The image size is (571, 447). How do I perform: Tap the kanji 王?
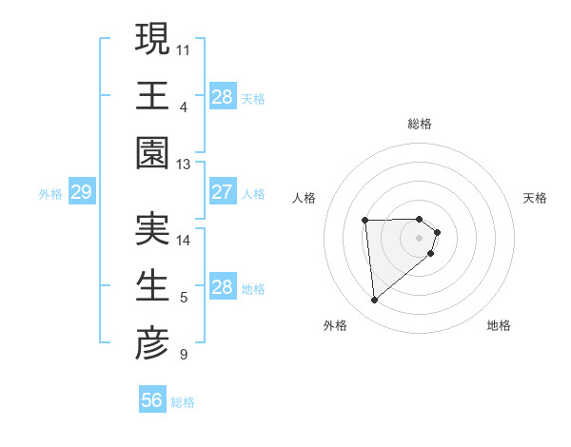[152, 95]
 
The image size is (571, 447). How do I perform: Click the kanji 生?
[152, 286]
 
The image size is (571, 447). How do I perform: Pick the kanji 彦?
[152, 343]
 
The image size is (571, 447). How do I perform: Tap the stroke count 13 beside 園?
[184, 164]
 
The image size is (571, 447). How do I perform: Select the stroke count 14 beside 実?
[184, 240]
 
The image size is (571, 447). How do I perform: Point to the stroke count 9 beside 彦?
[183, 356]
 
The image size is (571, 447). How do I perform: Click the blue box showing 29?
[81, 193]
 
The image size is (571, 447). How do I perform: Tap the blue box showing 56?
[152, 400]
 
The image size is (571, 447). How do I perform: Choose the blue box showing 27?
[223, 193]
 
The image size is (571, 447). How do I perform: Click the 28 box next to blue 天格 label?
[223, 97]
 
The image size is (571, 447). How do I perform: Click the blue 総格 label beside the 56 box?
[183, 402]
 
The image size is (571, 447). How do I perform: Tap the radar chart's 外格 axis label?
[334, 325]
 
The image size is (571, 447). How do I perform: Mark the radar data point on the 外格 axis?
[375, 301]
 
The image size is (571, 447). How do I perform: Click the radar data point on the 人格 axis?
[365, 221]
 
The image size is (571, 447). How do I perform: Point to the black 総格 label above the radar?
[420, 124]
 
